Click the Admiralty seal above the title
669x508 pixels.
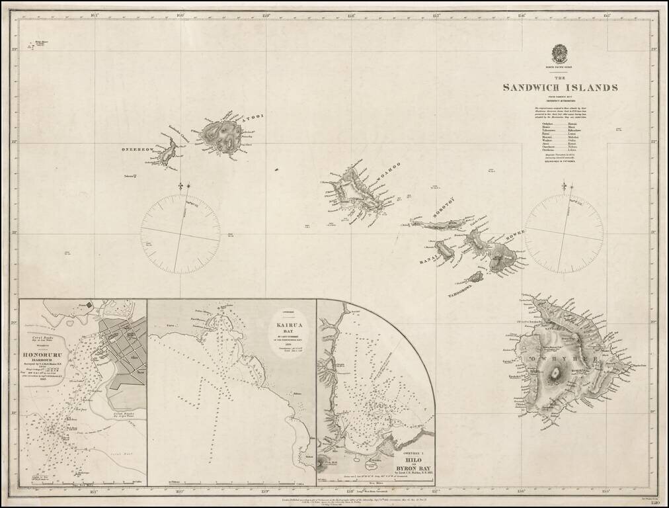click(560, 52)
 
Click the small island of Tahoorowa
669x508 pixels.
click(475, 276)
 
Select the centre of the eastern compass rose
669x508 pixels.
click(563, 233)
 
